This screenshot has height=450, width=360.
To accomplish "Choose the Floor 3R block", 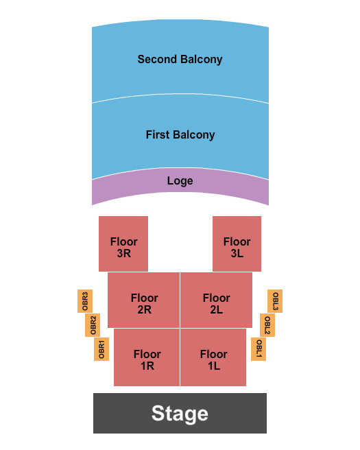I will pyautogui.click(x=123, y=244).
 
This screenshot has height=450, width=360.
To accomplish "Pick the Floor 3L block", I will pyautogui.click(x=237, y=244).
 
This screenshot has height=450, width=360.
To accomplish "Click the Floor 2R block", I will pyautogui.click(x=144, y=300).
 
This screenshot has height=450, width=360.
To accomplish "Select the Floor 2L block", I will pyautogui.click(x=216, y=300).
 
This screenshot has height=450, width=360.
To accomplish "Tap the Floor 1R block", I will pyautogui.click(x=147, y=357).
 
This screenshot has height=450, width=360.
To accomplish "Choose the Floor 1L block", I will pyautogui.click(x=213, y=357).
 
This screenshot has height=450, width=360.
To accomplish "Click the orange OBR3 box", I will pyautogui.click(x=86, y=301).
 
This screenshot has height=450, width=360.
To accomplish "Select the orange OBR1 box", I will pyautogui.click(x=101, y=349).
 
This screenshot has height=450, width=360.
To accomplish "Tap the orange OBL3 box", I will pyautogui.click(x=275, y=301).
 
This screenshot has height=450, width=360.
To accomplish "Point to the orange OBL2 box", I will pyautogui.click(x=267, y=325).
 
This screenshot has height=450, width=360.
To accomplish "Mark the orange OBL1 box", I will pyautogui.click(x=259, y=349).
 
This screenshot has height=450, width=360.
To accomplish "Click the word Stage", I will pyautogui.click(x=180, y=414).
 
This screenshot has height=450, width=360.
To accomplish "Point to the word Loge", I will pyautogui.click(x=180, y=181).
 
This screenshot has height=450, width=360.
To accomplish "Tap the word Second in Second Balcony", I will pyautogui.click(x=156, y=59).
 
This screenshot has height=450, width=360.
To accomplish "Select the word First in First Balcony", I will pyautogui.click(x=158, y=134).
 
